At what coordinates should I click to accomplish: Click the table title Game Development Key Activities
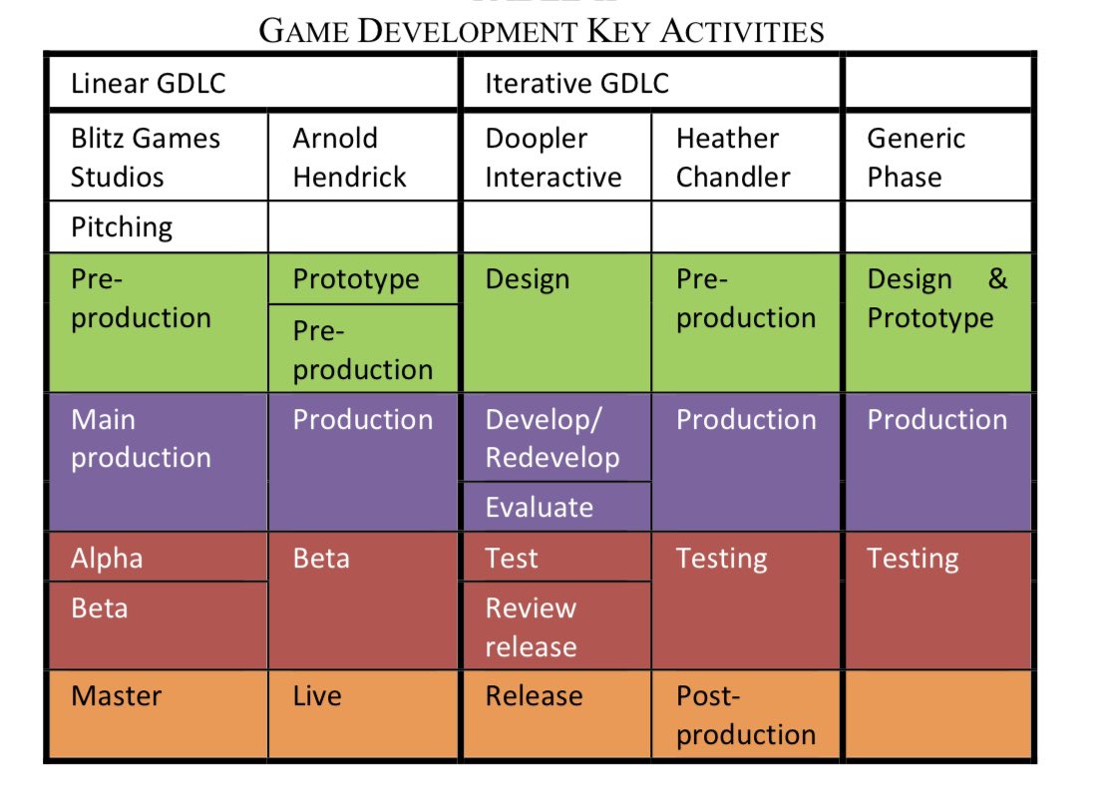(542, 30)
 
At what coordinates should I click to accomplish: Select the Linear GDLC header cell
(252, 83)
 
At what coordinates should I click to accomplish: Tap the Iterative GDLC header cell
(651, 83)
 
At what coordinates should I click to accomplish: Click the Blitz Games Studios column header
(158, 158)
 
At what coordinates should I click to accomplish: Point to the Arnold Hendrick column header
(364, 158)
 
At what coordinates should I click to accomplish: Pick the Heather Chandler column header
(747, 158)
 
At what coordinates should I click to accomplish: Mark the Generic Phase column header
(937, 158)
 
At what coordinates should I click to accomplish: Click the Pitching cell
(158, 227)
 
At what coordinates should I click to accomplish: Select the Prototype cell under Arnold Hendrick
(364, 279)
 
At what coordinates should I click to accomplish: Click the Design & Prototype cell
(937, 321)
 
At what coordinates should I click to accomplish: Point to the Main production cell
(158, 461)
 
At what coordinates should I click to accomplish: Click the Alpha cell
(158, 558)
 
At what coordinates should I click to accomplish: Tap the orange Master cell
(158, 714)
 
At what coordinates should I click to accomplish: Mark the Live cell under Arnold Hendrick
(364, 714)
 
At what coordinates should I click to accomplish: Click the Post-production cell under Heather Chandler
(747, 714)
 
